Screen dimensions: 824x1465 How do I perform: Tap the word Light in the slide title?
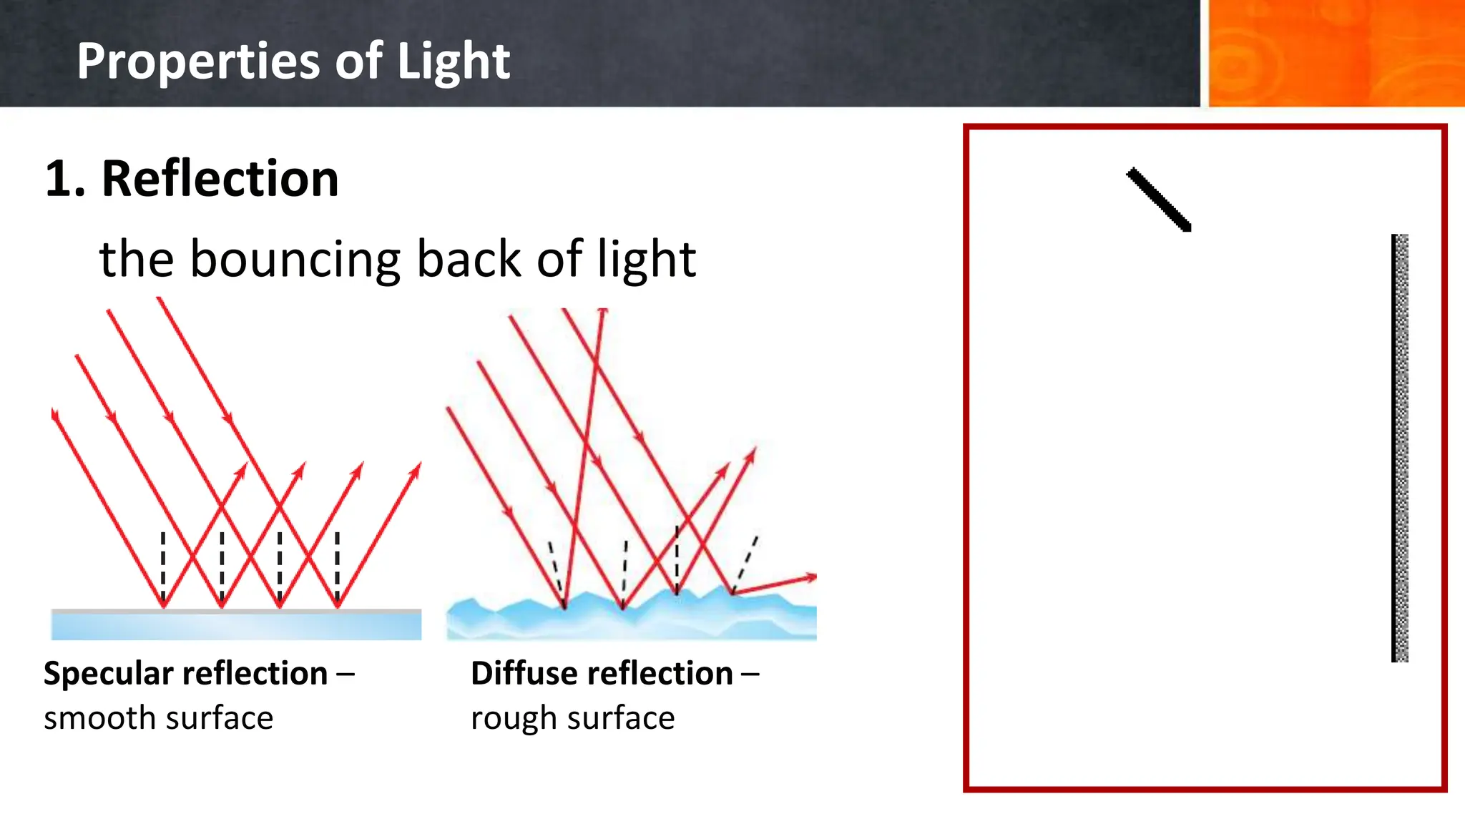[453, 61]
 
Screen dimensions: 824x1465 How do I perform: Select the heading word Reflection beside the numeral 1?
[220, 179]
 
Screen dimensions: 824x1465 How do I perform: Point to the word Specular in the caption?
[97, 674]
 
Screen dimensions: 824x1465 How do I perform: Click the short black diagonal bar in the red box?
[1159, 200]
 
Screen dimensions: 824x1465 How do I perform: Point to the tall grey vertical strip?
[1400, 448]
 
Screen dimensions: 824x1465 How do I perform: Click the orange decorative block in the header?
[1335, 54]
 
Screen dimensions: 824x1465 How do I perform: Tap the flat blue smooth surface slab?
[236, 626]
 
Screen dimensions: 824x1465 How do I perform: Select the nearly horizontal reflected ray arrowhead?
[810, 577]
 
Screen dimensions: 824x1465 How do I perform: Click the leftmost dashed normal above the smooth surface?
[163, 565]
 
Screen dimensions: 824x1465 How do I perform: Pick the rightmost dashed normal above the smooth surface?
[338, 565]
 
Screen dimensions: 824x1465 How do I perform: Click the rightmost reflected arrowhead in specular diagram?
[416, 469]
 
